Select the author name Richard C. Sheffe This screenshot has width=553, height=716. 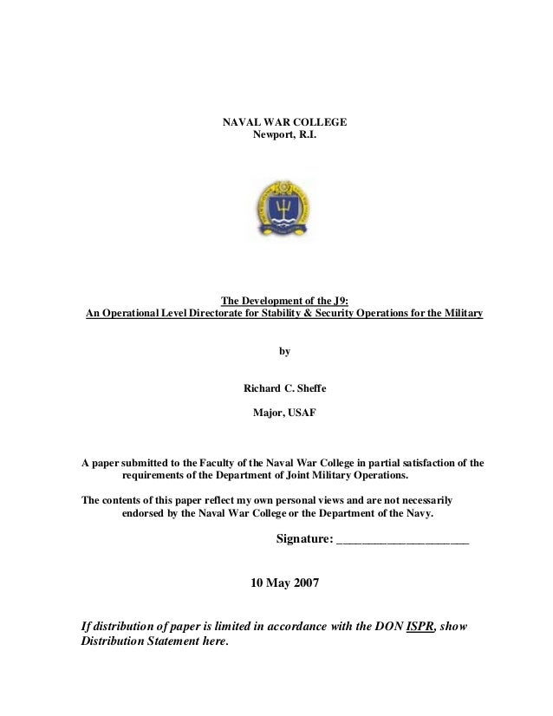click(284, 387)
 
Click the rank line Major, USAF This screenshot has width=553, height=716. click(284, 413)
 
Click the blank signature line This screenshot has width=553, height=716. click(402, 541)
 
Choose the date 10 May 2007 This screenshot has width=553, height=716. click(284, 583)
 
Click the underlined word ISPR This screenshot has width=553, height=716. click(420, 626)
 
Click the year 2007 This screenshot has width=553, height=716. click(303, 583)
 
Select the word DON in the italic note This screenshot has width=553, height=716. click(388, 626)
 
